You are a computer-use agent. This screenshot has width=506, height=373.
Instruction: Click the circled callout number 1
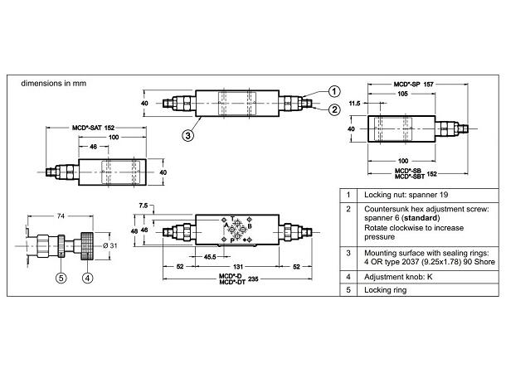click(333, 92)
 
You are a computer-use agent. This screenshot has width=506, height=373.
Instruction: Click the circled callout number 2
click(333, 109)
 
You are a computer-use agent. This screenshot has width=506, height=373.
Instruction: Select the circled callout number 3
click(189, 133)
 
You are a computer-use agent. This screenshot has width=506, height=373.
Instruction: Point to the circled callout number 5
click(60, 278)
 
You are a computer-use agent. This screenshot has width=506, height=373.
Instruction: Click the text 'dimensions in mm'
click(52, 83)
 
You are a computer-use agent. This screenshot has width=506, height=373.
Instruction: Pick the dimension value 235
click(253, 281)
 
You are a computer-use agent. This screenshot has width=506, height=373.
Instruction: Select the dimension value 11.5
click(355, 104)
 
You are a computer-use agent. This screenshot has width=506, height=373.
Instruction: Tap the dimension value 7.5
click(144, 206)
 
